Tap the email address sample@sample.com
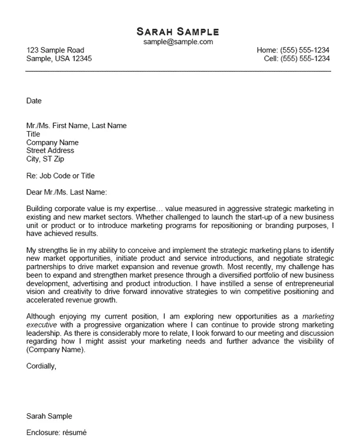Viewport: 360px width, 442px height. (178, 42)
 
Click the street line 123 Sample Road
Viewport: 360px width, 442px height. (55, 51)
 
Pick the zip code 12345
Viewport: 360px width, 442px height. (81, 59)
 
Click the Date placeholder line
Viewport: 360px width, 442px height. (34, 101)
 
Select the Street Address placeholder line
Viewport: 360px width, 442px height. (51, 150)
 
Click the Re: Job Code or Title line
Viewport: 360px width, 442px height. (61, 176)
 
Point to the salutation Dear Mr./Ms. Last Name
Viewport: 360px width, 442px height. (67, 192)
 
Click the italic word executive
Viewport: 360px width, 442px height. (42, 324)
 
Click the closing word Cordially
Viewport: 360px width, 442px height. (42, 366)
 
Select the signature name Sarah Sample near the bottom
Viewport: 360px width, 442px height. (49, 416)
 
